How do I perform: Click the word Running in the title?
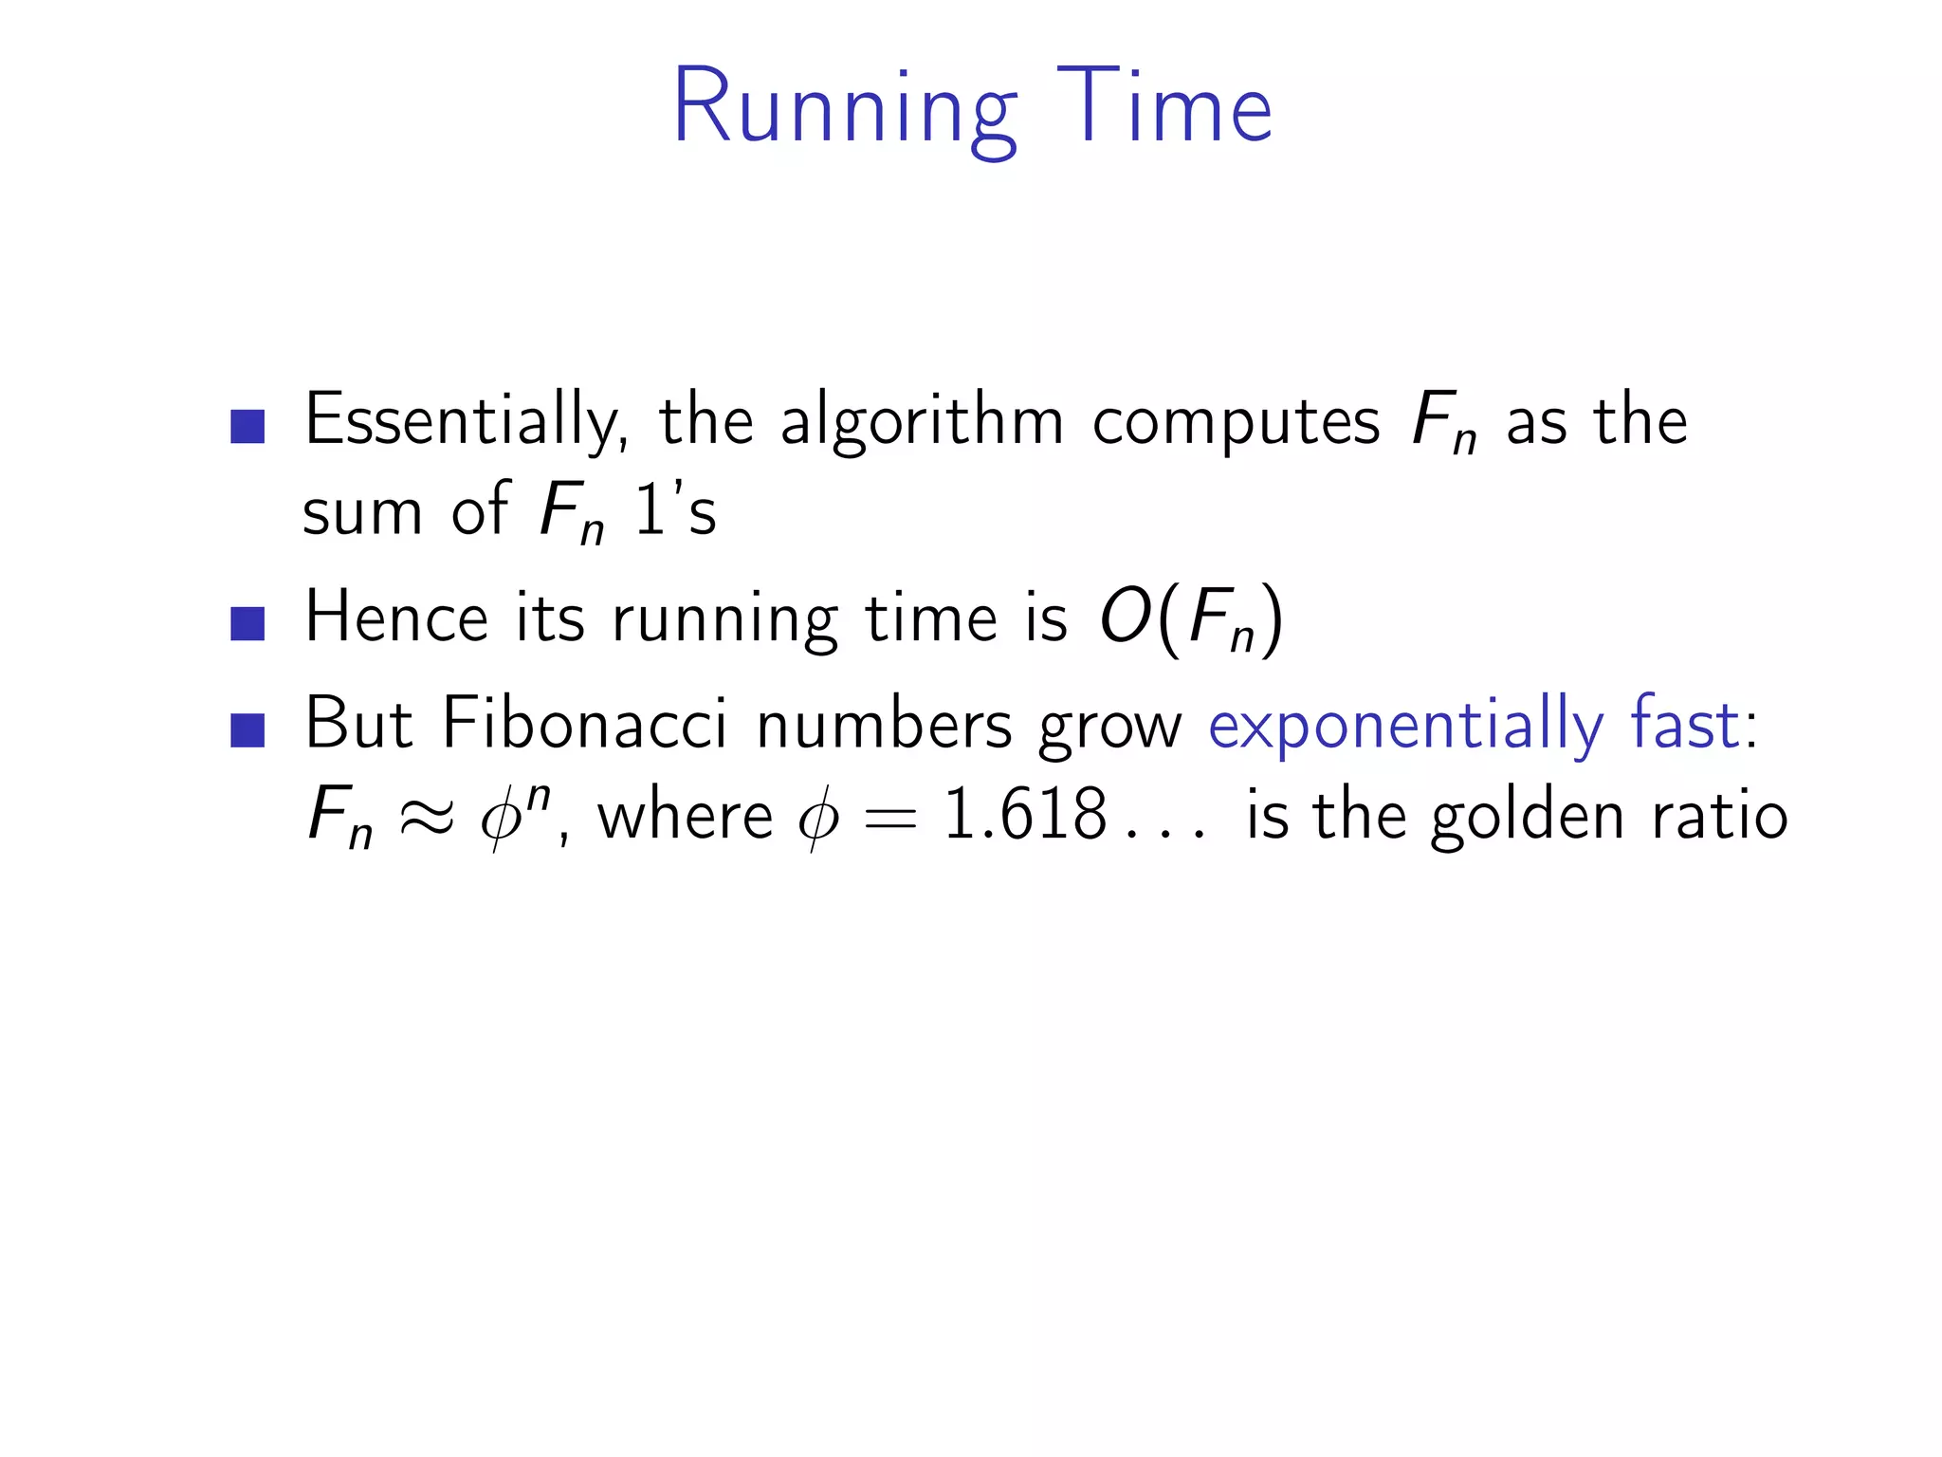(844, 108)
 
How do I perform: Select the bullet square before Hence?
(247, 623)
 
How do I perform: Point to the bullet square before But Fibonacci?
(247, 729)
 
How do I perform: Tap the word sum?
(361, 512)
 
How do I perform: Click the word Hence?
(396, 618)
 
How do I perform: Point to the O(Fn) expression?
(1191, 620)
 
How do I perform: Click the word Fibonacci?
(584, 724)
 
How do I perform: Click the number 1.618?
(1025, 814)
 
